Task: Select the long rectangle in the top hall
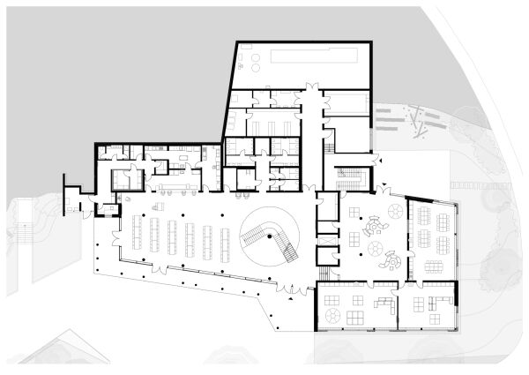314,56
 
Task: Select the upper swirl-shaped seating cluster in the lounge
376,226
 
